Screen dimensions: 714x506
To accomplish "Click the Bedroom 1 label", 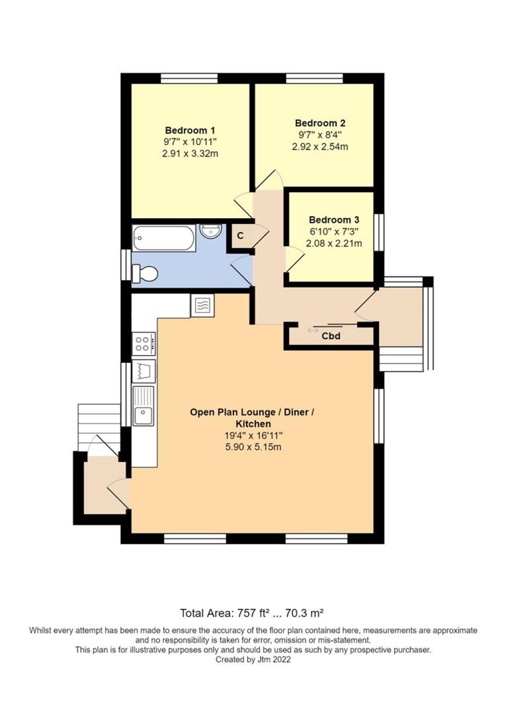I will [190, 130].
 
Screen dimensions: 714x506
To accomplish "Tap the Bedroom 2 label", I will [320, 123].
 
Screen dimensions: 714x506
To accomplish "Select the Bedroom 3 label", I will [334, 220].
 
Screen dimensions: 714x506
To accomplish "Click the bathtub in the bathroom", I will [163, 238].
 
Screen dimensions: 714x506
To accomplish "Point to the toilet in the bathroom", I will [145, 273].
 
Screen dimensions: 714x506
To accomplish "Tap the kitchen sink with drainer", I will [144, 406].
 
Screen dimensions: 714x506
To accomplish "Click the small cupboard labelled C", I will [240, 236].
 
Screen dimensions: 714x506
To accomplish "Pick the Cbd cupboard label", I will [331, 336].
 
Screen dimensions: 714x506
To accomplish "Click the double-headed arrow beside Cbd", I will [313, 330].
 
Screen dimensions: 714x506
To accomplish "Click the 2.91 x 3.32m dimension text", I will [190, 154].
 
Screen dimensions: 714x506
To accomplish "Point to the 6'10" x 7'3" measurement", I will [334, 232].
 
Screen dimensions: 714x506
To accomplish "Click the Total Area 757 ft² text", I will [252, 613].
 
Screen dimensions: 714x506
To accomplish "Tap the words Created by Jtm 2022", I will [253, 659].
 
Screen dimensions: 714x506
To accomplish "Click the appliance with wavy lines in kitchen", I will [202, 306].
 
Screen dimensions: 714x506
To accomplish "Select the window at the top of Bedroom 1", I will [189, 78].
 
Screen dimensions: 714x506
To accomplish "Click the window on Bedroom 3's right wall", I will [379, 232].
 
